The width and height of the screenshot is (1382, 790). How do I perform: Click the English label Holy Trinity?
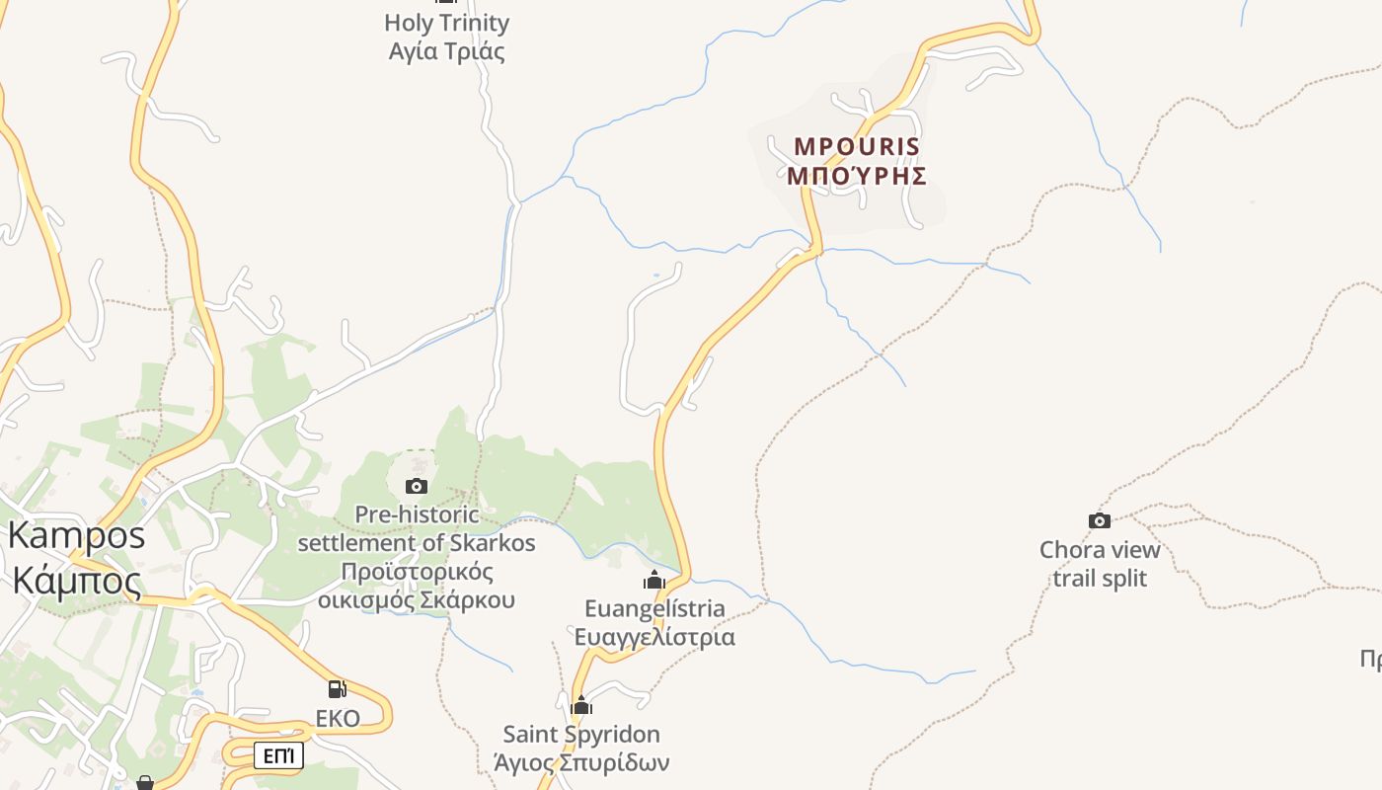[x=446, y=23]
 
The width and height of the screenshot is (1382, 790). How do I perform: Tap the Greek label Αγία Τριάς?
[x=446, y=51]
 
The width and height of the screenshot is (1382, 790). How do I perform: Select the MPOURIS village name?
[x=857, y=147]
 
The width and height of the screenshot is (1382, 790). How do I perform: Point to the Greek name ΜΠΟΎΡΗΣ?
[x=857, y=176]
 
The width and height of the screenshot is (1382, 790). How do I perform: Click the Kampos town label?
[x=76, y=535]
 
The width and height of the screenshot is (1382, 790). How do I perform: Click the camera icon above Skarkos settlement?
[x=417, y=486]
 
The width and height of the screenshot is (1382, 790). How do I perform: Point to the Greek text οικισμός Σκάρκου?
[x=417, y=599]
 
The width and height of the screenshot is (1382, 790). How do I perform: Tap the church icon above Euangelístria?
[x=654, y=581]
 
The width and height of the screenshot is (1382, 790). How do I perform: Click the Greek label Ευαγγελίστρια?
[x=654, y=636]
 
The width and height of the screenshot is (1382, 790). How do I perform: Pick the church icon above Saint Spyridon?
[x=581, y=705]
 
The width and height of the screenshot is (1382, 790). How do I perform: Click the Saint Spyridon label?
[x=581, y=734]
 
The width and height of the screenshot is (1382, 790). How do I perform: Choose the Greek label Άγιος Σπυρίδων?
[x=581, y=762]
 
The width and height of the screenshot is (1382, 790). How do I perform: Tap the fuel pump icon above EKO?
[x=337, y=688]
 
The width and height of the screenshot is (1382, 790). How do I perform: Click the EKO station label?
[x=338, y=718]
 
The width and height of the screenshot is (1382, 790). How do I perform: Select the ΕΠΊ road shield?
[x=278, y=756]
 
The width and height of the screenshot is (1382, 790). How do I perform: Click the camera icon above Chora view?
[x=1099, y=520]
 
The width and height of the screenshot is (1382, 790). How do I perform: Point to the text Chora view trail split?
[x=1100, y=564]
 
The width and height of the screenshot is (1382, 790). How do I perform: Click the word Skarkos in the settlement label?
[x=492, y=543]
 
